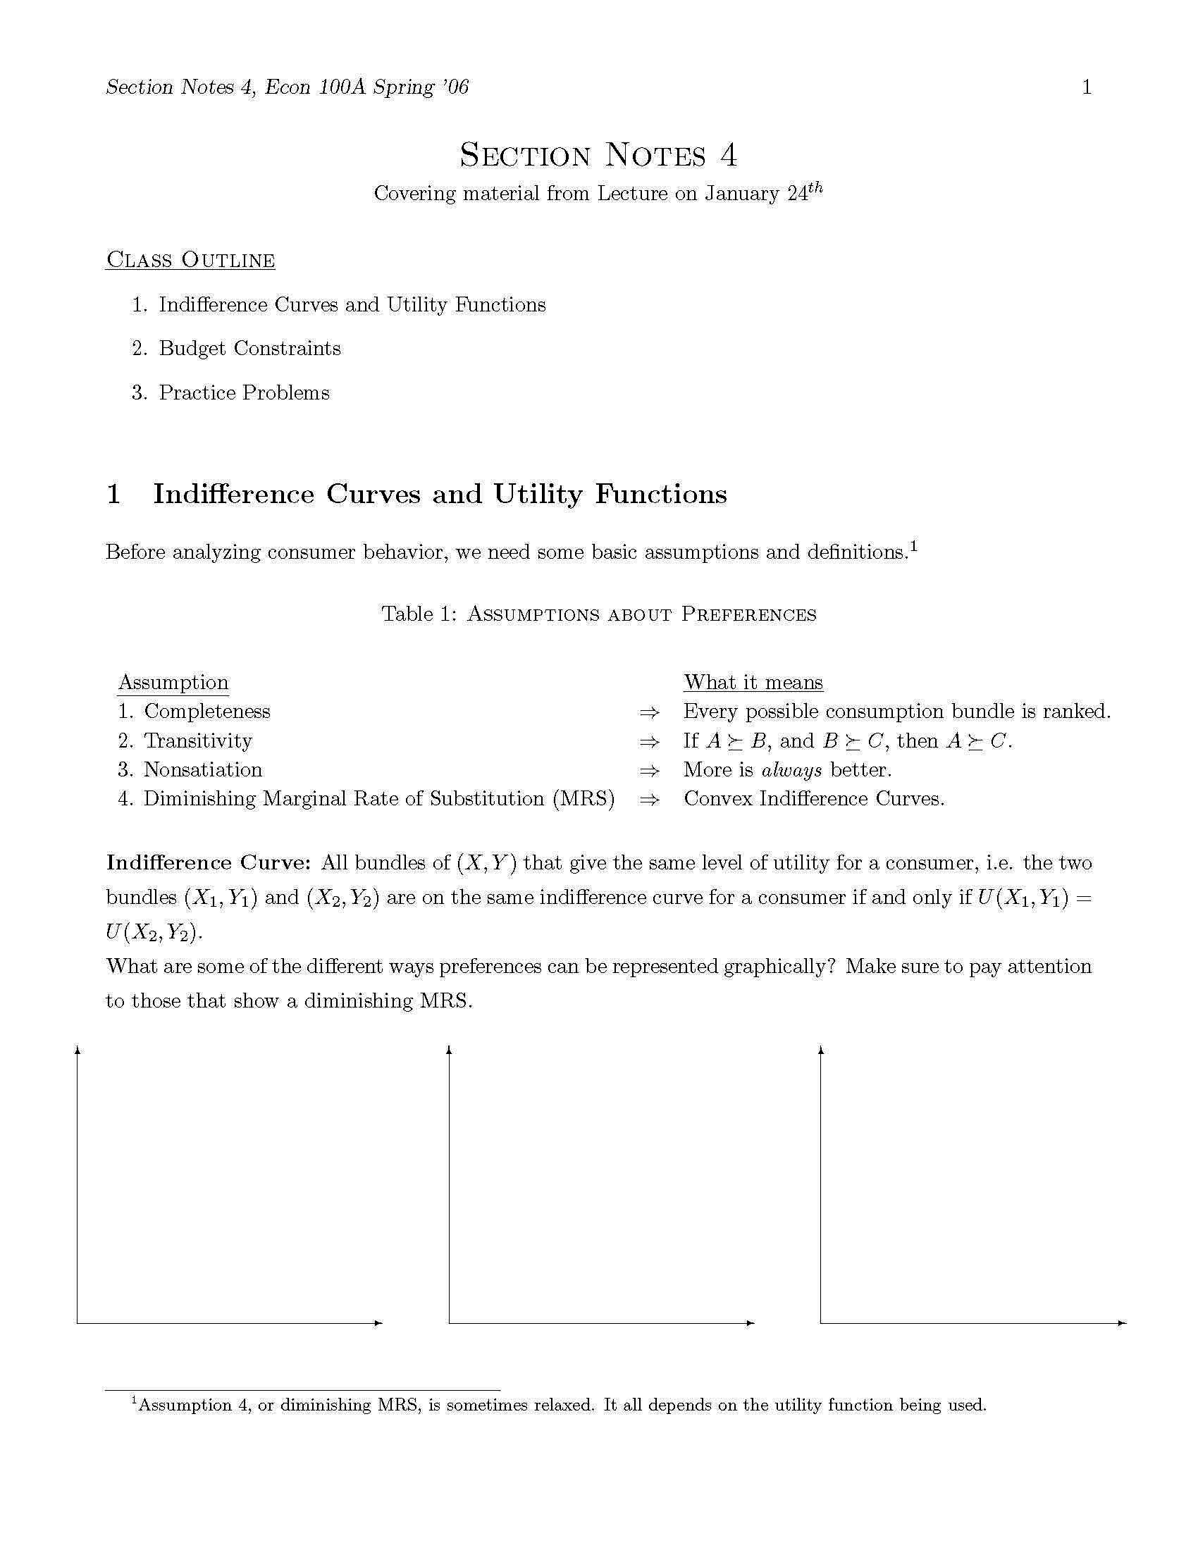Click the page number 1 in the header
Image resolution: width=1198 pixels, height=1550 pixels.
(1086, 87)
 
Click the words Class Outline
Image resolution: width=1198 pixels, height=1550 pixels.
(190, 260)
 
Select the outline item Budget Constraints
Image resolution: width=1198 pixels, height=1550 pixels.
(250, 349)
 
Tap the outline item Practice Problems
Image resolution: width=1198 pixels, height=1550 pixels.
(244, 392)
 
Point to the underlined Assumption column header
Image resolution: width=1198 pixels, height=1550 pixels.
(173, 682)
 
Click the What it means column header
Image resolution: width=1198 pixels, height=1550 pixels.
(753, 682)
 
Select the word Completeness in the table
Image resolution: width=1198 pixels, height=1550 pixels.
(206, 711)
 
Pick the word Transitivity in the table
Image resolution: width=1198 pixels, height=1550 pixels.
(197, 740)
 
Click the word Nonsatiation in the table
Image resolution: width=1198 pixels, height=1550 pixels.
(202, 769)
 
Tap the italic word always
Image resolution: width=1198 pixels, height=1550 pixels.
(791, 770)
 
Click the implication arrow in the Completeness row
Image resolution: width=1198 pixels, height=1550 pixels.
(648, 712)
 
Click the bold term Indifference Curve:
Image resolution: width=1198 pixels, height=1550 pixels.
(208, 862)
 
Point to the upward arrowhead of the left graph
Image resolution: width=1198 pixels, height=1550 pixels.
(78, 1048)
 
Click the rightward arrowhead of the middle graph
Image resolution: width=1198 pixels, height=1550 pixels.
(751, 1323)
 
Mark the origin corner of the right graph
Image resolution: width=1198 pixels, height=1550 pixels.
(821, 1323)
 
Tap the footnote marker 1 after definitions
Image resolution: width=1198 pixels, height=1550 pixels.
(914, 546)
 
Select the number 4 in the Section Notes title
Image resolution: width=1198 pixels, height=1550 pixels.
(728, 155)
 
